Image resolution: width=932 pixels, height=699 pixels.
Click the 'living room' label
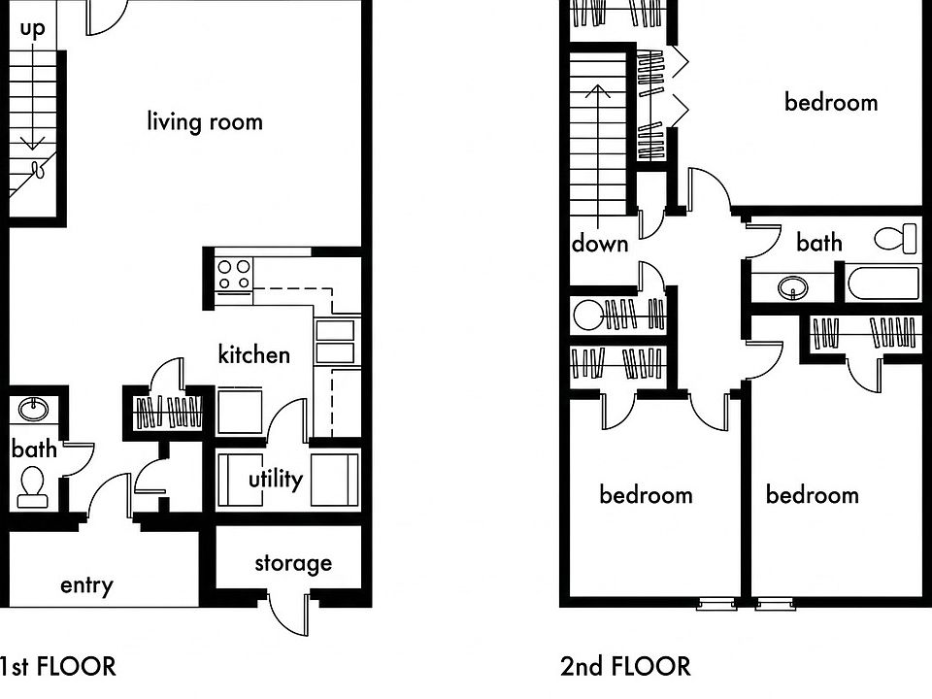pos(205,121)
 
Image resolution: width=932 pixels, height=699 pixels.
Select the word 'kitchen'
pos(253,354)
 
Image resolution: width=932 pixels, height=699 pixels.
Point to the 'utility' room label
pos(275,479)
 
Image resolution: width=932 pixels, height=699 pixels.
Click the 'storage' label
pos(292,563)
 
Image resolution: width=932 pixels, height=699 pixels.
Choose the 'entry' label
pos(86,585)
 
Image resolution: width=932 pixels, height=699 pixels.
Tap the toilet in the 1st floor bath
pos(32,485)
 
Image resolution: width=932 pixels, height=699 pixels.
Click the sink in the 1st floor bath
pos(35,409)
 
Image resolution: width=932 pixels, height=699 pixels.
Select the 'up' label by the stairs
pos(32,28)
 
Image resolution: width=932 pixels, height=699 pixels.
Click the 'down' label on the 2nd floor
pos(599,243)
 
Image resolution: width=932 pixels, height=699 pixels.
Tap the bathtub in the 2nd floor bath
pos(882,285)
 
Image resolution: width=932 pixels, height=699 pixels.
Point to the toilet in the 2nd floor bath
pos(896,238)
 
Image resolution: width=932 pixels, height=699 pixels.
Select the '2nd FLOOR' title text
pos(625,666)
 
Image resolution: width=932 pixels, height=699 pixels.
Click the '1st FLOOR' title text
pos(56,666)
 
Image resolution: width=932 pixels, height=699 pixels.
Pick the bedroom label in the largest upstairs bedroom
pos(830,102)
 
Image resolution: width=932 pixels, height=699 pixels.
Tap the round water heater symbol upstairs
pos(588,315)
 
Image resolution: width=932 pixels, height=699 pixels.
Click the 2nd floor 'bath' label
pos(818,242)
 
